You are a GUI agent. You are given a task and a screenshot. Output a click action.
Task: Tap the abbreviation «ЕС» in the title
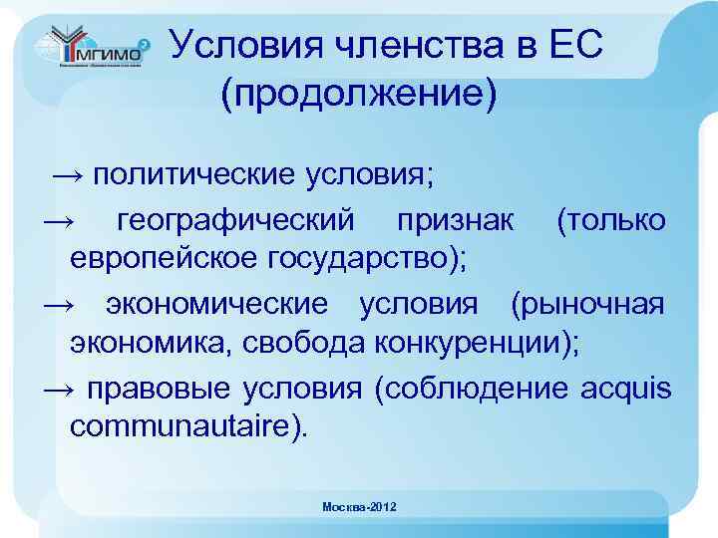pyautogui.click(x=574, y=45)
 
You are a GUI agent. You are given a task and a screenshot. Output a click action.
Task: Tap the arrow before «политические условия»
pyautogui.click(x=69, y=176)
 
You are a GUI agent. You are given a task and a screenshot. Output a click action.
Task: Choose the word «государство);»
pyautogui.click(x=368, y=259)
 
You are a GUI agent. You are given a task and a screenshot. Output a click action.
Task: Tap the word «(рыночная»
pyautogui.click(x=586, y=303)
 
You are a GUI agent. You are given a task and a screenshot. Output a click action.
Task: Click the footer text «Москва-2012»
pyautogui.click(x=359, y=508)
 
